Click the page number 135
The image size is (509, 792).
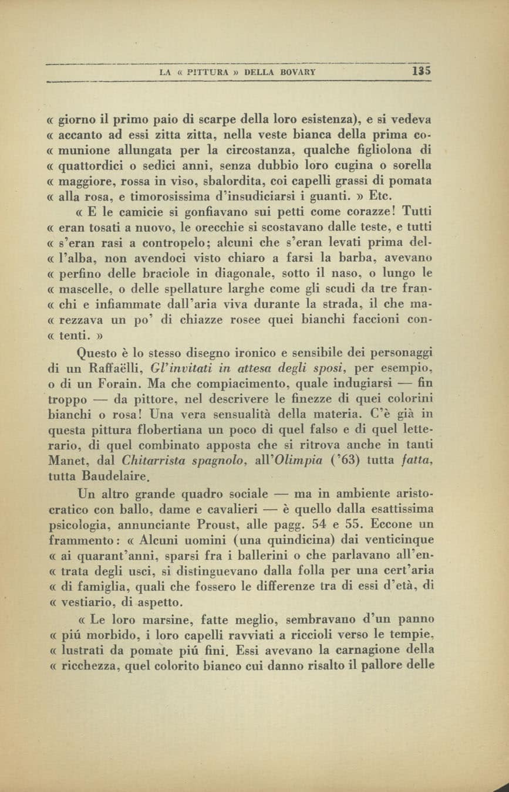pos(422,72)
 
